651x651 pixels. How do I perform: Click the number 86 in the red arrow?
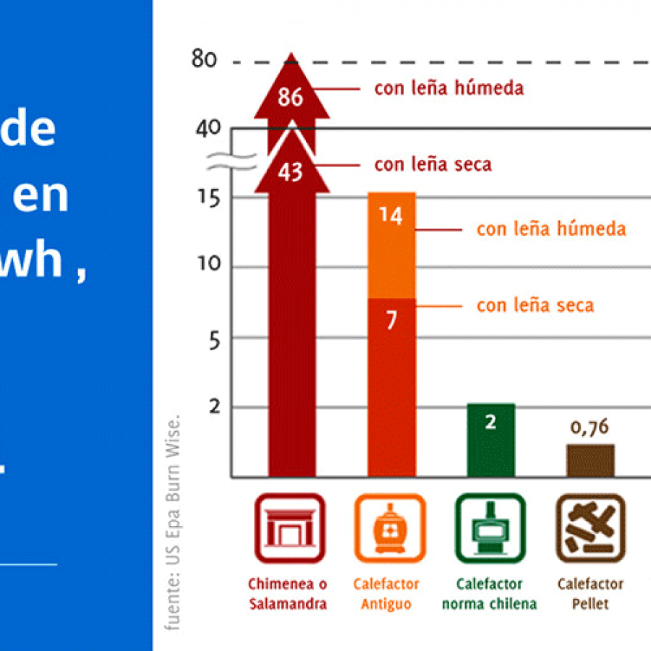pyautogui.click(x=290, y=97)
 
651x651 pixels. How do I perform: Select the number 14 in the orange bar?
pyautogui.click(x=391, y=216)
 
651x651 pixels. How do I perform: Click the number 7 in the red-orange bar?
pyautogui.click(x=391, y=320)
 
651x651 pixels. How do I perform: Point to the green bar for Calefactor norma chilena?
pyautogui.click(x=490, y=441)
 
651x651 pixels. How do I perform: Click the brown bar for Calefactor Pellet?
pyautogui.click(x=590, y=461)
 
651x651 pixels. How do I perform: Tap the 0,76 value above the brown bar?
pyautogui.click(x=590, y=427)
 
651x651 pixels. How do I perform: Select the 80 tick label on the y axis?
pyautogui.click(x=204, y=59)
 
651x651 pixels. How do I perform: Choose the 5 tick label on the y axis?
pyautogui.click(x=214, y=340)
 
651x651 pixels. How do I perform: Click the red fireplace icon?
pyautogui.click(x=289, y=528)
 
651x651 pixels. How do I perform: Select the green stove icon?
pyautogui.click(x=490, y=528)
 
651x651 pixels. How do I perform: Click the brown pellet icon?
pyautogui.click(x=590, y=528)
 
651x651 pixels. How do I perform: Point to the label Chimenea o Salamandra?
pyautogui.click(x=288, y=593)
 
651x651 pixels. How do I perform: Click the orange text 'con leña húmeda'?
pyautogui.click(x=551, y=229)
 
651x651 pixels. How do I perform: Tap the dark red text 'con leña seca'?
pyautogui.click(x=433, y=164)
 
